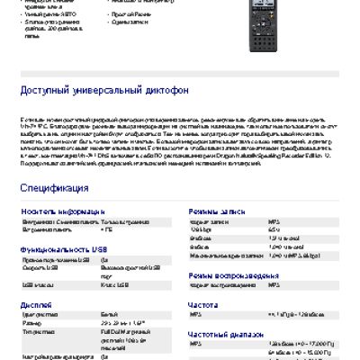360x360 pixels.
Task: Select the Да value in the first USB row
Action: [x=105, y=259]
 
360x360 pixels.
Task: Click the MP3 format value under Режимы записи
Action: [x=274, y=220]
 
